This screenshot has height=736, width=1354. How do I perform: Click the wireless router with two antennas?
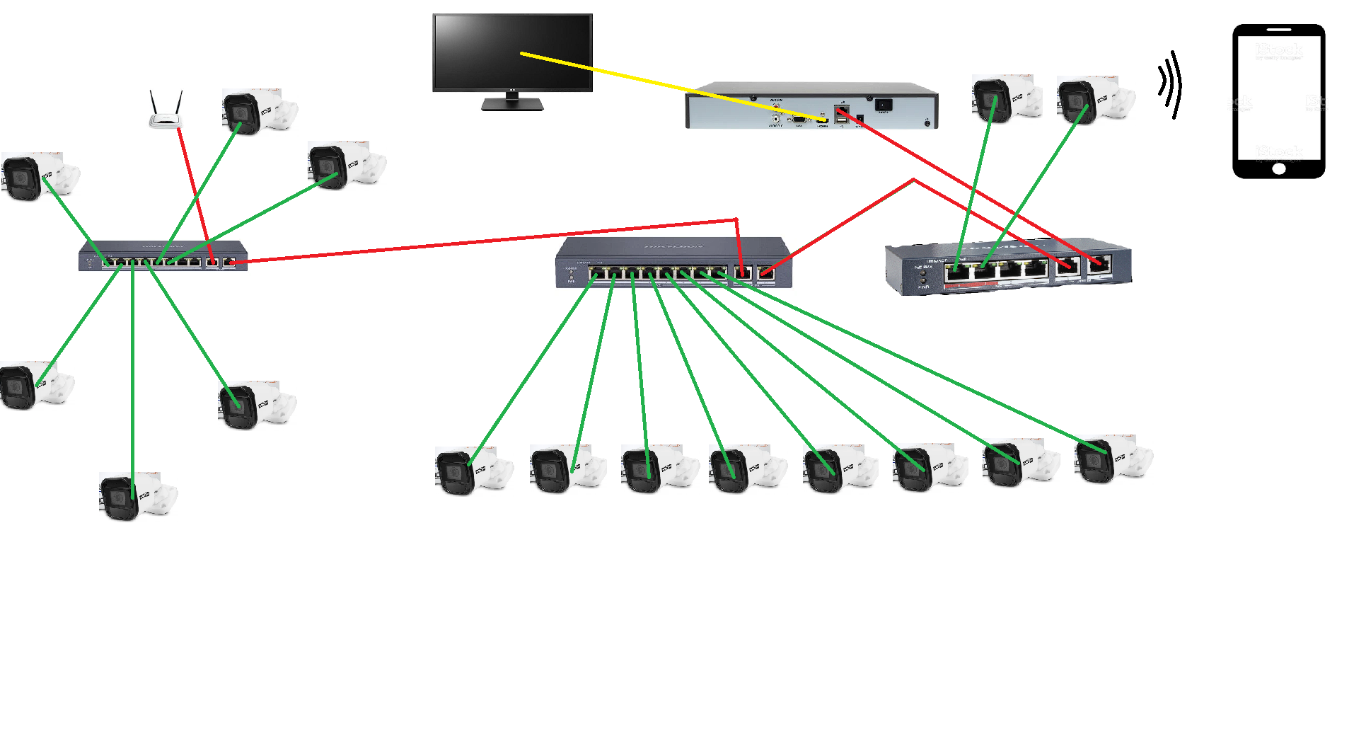(166, 119)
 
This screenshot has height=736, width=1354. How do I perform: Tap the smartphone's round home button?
(1278, 168)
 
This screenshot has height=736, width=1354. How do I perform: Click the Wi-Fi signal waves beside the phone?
(1171, 84)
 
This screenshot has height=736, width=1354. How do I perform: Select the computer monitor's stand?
(512, 103)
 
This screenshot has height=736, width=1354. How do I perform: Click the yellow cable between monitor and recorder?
(637, 78)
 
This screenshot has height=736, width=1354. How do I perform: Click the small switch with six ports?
(1008, 267)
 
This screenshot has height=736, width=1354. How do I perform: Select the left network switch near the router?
(163, 256)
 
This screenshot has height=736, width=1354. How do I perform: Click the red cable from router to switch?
(194, 191)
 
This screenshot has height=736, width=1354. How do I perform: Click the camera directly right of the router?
(258, 112)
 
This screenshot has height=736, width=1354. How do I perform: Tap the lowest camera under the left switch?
(137, 495)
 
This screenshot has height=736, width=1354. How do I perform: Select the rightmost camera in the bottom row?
(1112, 459)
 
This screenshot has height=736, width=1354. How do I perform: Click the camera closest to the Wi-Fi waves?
(1094, 99)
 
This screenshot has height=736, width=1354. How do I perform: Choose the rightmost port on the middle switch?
(765, 272)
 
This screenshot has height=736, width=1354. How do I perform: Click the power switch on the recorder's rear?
(884, 105)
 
